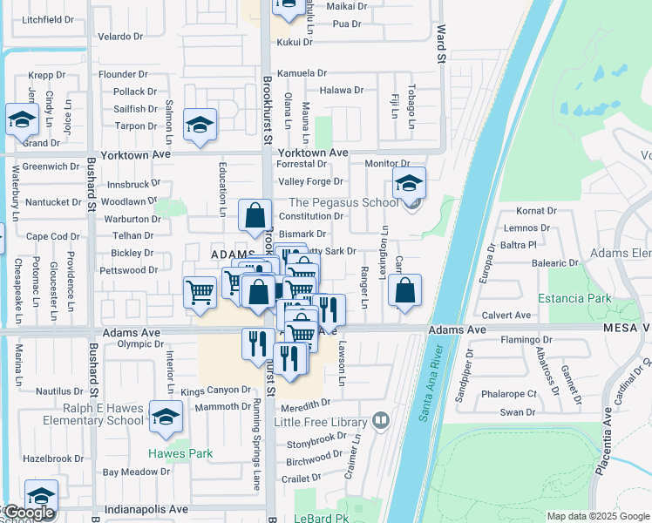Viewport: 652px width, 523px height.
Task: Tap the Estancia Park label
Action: [574, 298]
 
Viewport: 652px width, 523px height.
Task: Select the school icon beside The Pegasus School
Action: [408, 184]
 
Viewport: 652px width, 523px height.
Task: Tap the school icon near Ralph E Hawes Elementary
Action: [166, 418]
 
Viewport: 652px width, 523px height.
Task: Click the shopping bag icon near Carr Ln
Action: [405, 291]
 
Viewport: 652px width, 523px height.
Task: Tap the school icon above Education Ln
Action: [200, 126]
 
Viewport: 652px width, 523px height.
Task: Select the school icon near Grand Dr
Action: [22, 119]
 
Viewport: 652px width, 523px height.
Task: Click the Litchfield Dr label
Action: [48, 19]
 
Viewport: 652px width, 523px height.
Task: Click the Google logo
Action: [28, 513]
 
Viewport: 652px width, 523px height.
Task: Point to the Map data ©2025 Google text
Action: [598, 516]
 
